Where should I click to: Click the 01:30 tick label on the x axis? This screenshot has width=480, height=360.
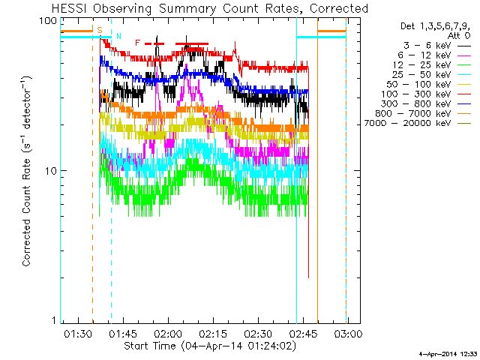coord(78,333)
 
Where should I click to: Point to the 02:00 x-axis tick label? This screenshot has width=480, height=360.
coord(168,333)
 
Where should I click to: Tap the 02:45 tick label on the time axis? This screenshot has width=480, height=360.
coord(303,333)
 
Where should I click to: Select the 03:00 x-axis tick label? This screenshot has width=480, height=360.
coord(348,333)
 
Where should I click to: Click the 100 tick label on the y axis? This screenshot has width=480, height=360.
coord(48,21)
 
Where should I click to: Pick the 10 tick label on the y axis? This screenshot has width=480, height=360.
coord(51,171)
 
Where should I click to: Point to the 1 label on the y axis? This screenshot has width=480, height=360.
coord(54,320)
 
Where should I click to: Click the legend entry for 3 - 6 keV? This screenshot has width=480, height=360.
coord(437,46)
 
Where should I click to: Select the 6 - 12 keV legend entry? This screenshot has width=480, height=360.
coord(434,55)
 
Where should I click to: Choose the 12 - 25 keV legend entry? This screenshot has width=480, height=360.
coord(432,65)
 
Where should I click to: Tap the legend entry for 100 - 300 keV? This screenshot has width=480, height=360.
coord(426,94)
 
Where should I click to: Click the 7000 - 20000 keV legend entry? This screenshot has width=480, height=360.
coord(418,123)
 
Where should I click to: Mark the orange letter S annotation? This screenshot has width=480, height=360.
coord(100,30)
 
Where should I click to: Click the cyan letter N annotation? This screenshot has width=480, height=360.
coord(118,36)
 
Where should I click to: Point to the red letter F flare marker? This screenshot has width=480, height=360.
coord(137,43)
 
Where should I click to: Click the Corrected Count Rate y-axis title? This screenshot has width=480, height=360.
coord(27,171)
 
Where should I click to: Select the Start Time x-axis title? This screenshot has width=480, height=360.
coord(210,346)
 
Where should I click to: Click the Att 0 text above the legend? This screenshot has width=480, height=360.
coord(459,36)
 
